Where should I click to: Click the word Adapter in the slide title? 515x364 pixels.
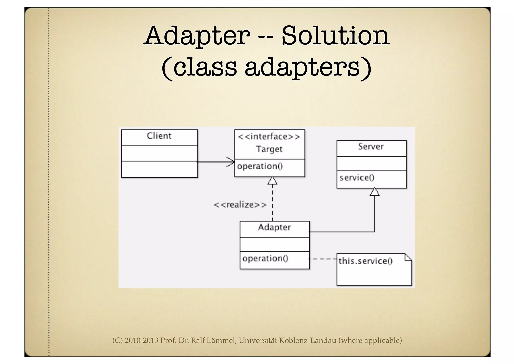(197, 36)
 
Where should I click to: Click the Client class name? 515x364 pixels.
(159, 136)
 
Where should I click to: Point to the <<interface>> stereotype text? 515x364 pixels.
(269, 137)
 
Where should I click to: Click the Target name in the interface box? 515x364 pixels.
(269, 149)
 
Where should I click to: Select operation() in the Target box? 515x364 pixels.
(260, 166)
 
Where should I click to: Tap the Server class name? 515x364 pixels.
(371, 146)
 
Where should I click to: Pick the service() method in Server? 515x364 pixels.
(357, 178)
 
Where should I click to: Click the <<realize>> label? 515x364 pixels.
(240, 205)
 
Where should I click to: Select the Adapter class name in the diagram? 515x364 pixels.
(274, 227)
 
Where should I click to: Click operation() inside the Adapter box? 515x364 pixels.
(265, 258)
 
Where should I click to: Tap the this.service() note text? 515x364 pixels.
(365, 261)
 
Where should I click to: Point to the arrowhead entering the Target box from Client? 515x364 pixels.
(231, 162)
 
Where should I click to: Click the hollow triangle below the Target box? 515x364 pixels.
(272, 181)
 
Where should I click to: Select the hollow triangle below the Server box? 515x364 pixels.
(375, 192)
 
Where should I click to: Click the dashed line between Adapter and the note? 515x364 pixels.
(323, 259)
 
